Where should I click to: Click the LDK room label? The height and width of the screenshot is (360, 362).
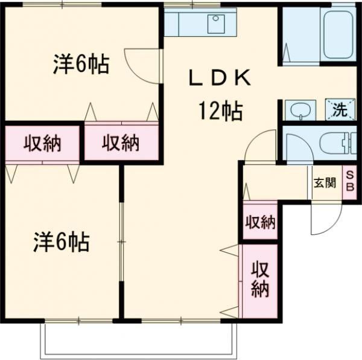tap(219, 79)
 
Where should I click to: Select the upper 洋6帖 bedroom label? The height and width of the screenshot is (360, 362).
tap(80, 64)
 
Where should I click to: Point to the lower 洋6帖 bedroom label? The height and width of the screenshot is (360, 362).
tap(61, 242)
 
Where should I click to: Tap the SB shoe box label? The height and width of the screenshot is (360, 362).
tap(349, 181)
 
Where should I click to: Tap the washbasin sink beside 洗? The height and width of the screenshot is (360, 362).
tap(300, 110)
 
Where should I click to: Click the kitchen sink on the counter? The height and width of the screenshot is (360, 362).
tap(217, 24)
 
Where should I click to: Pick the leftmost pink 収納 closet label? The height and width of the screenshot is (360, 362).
tap(43, 143)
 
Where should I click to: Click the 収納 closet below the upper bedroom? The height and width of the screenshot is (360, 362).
tap(121, 143)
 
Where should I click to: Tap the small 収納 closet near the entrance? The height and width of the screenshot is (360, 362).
tap(260, 222)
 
